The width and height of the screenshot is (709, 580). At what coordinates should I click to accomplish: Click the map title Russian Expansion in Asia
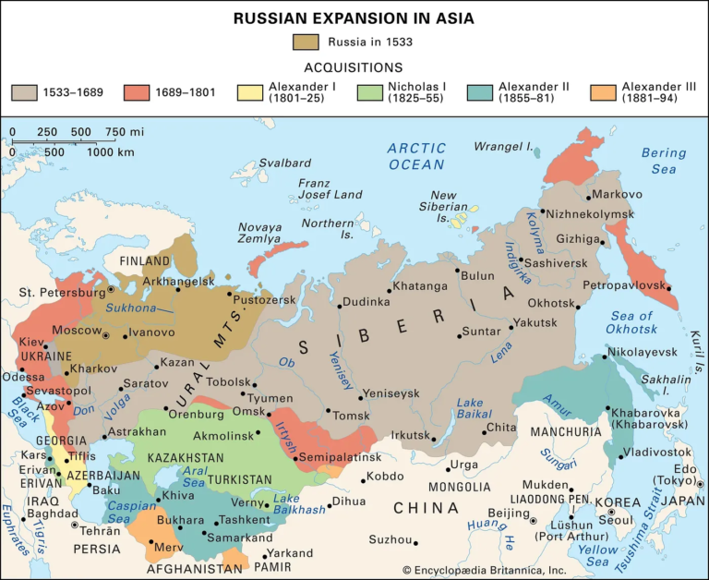354,17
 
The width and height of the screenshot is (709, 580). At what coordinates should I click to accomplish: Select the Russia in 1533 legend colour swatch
306,42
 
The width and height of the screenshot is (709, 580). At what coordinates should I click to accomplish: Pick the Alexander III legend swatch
607,92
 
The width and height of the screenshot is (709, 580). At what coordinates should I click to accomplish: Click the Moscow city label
77,330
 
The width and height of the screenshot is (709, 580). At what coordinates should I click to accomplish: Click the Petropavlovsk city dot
668,288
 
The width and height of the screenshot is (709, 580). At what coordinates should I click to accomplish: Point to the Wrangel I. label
504,146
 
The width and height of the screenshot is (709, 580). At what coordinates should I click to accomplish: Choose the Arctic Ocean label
416,156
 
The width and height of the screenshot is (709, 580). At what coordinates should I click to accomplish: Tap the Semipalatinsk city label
340,457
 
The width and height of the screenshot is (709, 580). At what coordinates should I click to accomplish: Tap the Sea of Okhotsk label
632,323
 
